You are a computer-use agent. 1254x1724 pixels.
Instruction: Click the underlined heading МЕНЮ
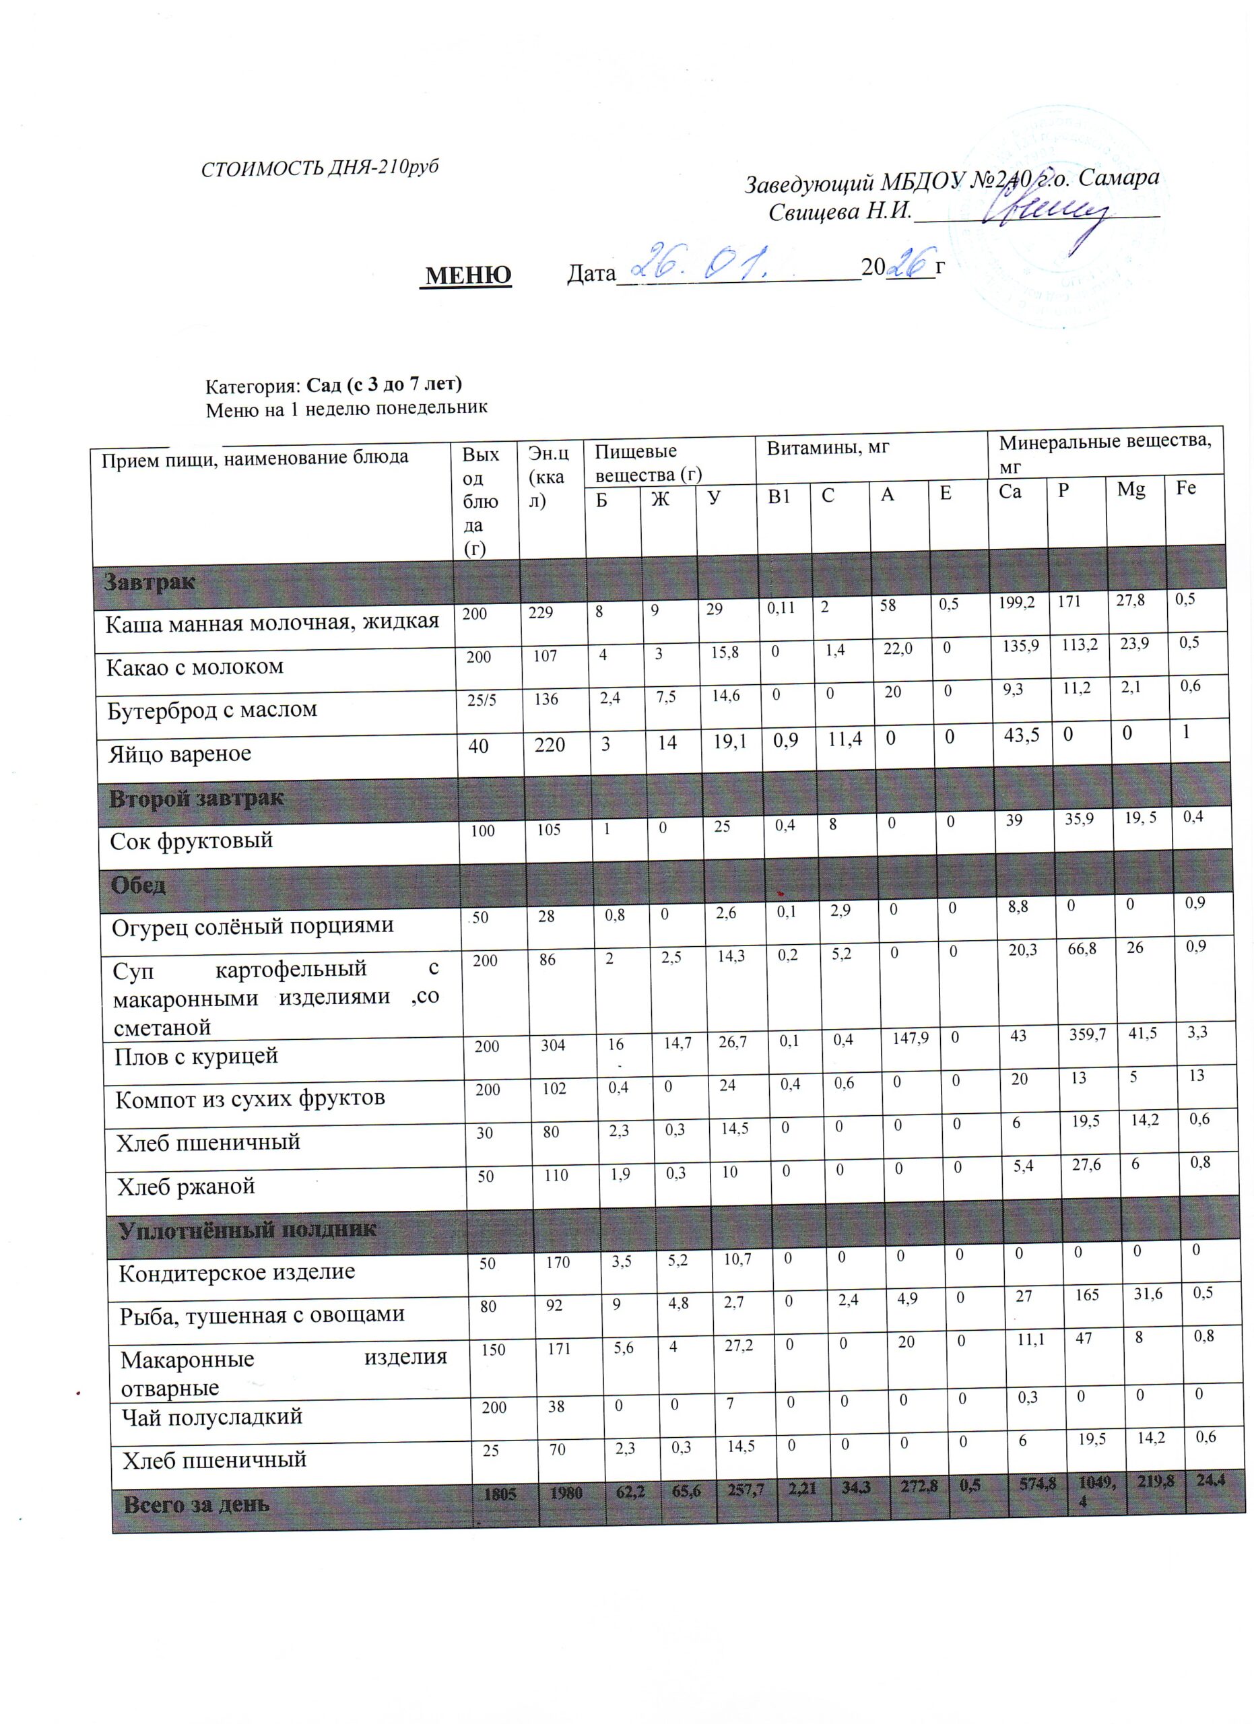pyautogui.click(x=467, y=274)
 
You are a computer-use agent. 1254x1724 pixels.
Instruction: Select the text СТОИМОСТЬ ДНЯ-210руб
pyautogui.click(x=320, y=169)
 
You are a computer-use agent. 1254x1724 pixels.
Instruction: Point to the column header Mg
pyautogui.click(x=1130, y=490)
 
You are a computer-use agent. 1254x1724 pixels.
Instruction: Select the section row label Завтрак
pyautogui.click(x=149, y=583)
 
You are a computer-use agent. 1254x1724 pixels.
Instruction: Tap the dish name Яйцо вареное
pyautogui.click(x=179, y=754)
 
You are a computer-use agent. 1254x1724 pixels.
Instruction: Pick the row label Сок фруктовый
pyautogui.click(x=191, y=840)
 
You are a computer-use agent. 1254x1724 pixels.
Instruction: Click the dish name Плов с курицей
pyautogui.click(x=196, y=1056)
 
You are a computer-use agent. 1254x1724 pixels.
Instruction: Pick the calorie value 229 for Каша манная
pyautogui.click(x=541, y=613)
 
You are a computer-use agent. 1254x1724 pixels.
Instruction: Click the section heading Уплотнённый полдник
pyautogui.click(x=247, y=1230)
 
